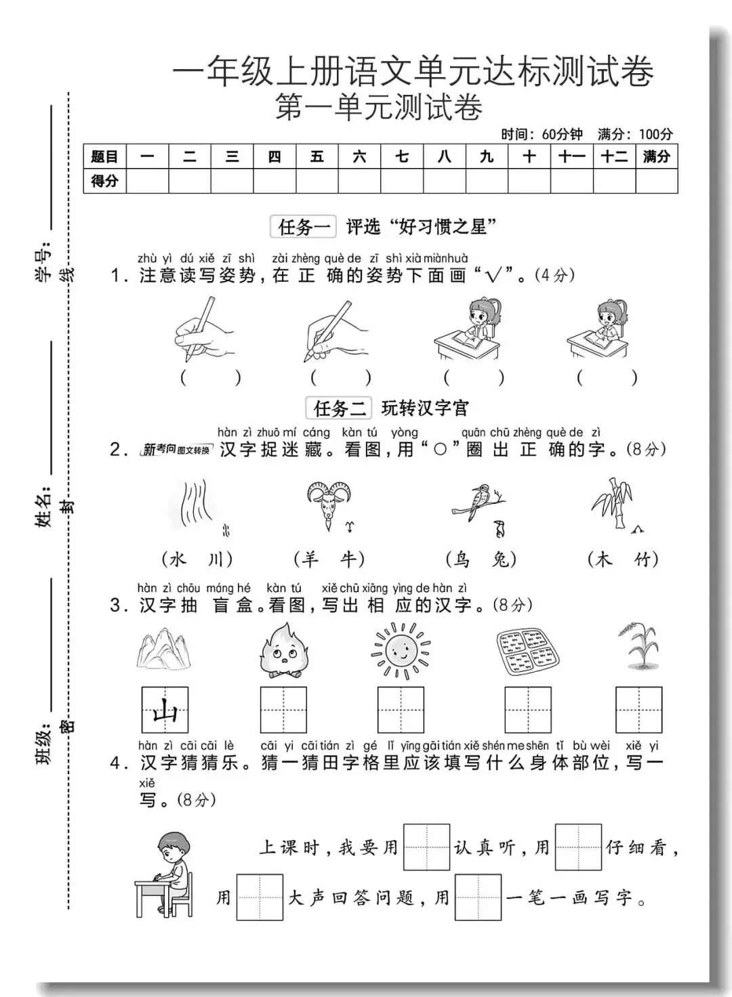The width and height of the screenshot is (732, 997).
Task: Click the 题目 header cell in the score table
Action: coord(104,156)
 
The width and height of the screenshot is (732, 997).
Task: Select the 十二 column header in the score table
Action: coord(614,156)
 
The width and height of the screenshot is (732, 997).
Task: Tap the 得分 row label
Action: coord(104,181)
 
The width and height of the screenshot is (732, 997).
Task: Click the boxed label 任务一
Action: coord(302,227)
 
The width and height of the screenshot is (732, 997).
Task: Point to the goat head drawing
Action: coord(328,505)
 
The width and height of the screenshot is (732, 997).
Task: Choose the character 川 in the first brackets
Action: coord(216,559)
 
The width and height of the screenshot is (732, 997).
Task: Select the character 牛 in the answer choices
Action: coord(349,559)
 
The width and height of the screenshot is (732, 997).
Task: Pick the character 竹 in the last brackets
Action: coord(643,559)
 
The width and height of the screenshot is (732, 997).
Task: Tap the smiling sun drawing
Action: coord(401,650)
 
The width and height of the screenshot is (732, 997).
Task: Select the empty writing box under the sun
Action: coord(401,710)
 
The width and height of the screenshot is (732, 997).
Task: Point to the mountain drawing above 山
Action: coord(165,649)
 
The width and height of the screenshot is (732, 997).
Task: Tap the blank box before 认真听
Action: coord(426,847)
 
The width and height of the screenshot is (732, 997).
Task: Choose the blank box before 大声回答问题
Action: coord(260,897)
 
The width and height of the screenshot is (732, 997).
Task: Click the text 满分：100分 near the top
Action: coord(635,134)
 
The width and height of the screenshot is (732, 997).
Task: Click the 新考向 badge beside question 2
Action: coord(176,450)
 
